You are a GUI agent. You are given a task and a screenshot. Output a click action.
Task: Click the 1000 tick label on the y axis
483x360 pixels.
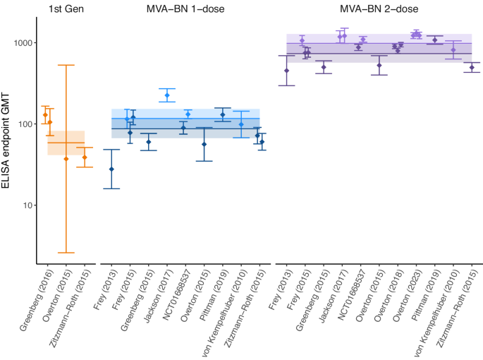[25, 43]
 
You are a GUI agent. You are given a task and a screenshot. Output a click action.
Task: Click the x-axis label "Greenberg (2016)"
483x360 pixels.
[35, 301]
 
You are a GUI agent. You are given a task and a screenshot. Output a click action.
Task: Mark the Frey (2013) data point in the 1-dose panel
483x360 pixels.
[111, 169]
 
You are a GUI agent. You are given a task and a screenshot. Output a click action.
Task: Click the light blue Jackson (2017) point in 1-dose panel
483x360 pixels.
[167, 95]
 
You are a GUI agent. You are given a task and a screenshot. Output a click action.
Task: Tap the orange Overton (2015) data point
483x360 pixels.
[66, 159]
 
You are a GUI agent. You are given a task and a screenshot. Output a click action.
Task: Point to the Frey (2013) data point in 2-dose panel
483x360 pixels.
[286, 71]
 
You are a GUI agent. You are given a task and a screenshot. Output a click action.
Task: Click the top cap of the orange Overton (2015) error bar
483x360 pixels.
[66, 65]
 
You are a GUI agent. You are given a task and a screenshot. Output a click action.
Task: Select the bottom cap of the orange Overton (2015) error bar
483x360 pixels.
[66, 253]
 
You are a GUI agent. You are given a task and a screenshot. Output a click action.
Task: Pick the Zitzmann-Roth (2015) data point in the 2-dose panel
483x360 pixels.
[472, 68]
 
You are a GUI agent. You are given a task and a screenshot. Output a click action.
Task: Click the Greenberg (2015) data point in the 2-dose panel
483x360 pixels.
[324, 67]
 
